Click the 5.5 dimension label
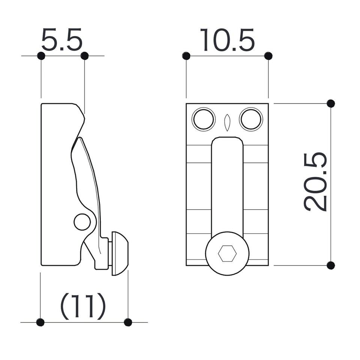(62, 39)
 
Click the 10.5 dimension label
(227, 40)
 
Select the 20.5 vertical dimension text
(315, 181)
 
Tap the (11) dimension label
(83, 306)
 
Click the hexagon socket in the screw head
(227, 253)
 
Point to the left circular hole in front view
(204, 119)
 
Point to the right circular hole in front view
(251, 119)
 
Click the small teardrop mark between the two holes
(227, 123)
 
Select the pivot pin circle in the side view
(82, 222)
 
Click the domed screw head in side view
(120, 253)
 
